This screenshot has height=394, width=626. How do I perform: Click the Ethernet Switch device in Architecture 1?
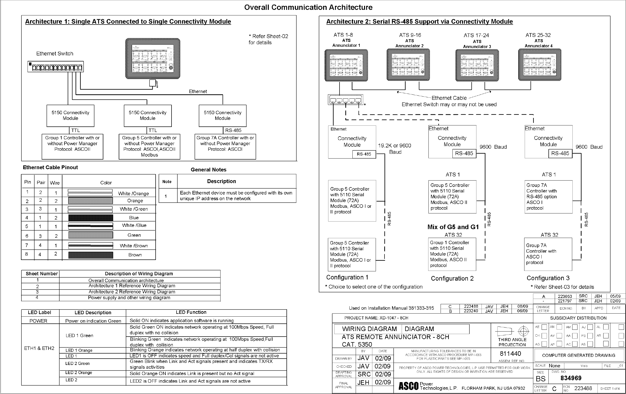pyautogui.click(x=56, y=67)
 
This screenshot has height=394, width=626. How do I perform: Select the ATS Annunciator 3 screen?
pyautogui.click(x=477, y=65)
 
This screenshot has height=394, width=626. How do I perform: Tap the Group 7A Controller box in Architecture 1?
pyautogui.click(x=225, y=146)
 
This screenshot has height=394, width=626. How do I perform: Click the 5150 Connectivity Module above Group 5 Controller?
pyautogui.click(x=148, y=116)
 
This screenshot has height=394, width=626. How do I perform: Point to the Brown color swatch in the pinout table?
pyautogui.click(x=91, y=255)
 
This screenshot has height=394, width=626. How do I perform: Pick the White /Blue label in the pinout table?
pyautogui.click(x=134, y=225)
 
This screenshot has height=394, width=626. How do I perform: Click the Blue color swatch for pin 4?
pyautogui.click(x=91, y=217)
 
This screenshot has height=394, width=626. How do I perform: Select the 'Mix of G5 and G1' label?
pyautogui.click(x=453, y=227)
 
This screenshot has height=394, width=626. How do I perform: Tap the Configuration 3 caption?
pyautogui.click(x=548, y=278)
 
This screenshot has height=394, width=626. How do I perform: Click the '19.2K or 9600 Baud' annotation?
pyautogui.click(x=394, y=149)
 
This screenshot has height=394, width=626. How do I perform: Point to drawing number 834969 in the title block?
pyautogui.click(x=571, y=378)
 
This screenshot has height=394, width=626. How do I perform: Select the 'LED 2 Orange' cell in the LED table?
pyautogui.click(x=79, y=373)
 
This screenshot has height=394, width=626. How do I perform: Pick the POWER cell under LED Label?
pyautogui.click(x=38, y=321)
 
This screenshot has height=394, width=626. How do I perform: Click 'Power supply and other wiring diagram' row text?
pyautogui.click(x=129, y=298)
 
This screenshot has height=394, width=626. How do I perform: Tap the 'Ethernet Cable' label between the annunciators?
pyautogui.click(x=449, y=98)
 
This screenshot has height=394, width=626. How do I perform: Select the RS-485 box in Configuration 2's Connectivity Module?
pyautogui.click(x=464, y=154)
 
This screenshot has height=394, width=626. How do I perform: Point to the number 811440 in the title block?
pyautogui.click(x=510, y=354)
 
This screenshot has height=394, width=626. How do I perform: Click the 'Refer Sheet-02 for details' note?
pyautogui.click(x=268, y=39)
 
